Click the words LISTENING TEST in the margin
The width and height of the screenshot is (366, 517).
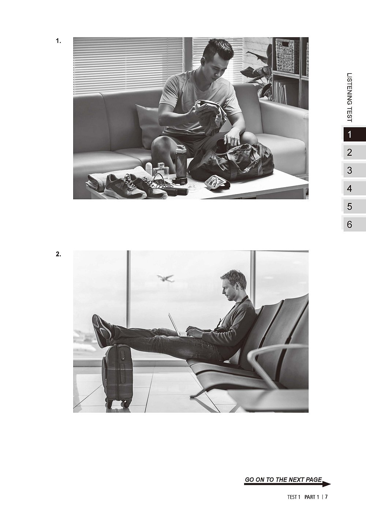pyautogui.click(x=350, y=97)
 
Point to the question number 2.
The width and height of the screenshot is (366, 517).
pyautogui.click(x=59, y=254)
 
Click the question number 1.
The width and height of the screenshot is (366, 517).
pyautogui.click(x=59, y=41)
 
